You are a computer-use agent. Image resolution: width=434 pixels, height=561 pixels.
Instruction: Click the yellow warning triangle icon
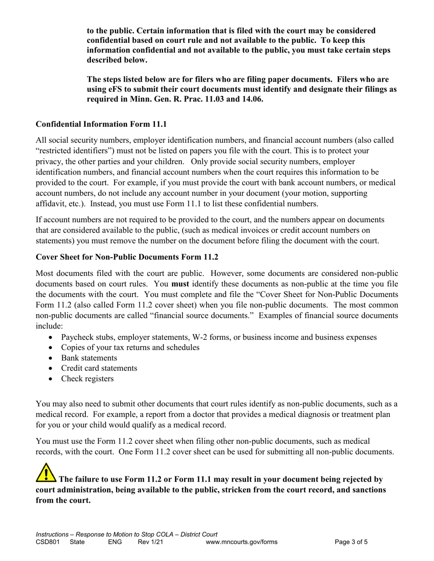[x=46, y=473]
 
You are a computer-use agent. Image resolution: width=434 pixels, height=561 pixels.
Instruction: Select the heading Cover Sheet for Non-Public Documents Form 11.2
[x=127, y=257]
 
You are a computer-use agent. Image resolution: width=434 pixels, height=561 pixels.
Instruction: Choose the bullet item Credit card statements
[x=99, y=368]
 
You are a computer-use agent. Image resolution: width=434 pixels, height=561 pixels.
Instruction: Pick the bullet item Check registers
[x=87, y=379]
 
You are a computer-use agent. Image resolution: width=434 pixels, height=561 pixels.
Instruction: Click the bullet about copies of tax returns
[x=130, y=348]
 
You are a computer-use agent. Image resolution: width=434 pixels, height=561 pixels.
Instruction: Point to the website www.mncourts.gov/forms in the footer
[x=242, y=542]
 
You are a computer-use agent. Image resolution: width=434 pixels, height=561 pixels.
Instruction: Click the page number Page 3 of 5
[x=351, y=542]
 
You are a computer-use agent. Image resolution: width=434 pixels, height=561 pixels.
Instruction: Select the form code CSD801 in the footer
[x=48, y=542]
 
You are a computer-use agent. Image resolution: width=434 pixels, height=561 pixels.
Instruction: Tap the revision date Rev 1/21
[x=150, y=542]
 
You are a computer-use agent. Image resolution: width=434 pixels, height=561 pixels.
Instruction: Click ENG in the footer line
[x=115, y=542]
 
